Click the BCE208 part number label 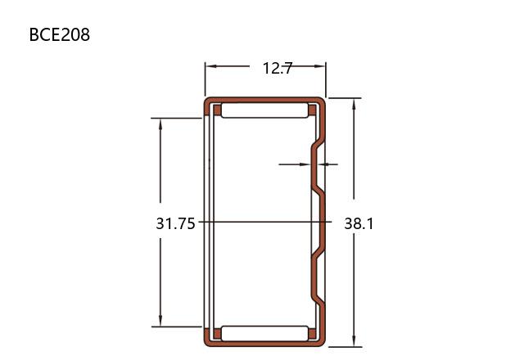(x=60, y=34)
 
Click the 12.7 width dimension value (x=278, y=69)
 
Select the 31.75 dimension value (x=175, y=223)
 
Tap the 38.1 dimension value (x=359, y=223)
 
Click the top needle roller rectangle (x=264, y=110)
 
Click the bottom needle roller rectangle (x=264, y=333)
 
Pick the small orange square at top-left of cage (x=217, y=110)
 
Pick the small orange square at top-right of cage (x=312, y=110)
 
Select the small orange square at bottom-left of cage (x=217, y=334)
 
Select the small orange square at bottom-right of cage (x=312, y=334)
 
